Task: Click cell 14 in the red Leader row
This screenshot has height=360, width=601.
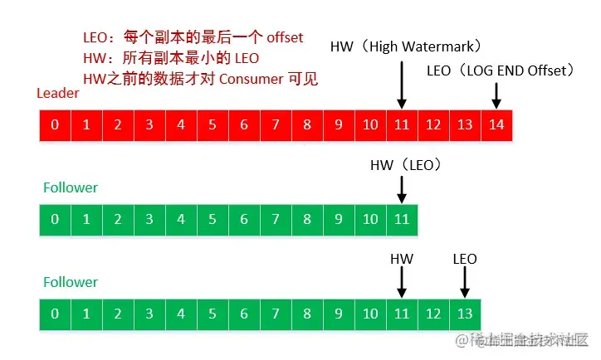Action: (496, 125)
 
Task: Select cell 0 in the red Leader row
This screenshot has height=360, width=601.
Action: (55, 125)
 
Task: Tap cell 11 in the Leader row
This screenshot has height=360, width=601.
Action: (402, 125)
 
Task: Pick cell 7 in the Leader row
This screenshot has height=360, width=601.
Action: (276, 125)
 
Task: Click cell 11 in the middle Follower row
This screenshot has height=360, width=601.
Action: (402, 220)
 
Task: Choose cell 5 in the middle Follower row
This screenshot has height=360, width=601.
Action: (213, 220)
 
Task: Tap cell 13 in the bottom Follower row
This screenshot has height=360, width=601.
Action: (465, 314)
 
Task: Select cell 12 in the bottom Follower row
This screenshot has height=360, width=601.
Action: (433, 314)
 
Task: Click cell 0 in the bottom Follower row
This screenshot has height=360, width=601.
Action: (55, 314)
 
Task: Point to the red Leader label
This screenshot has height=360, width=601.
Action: (58, 93)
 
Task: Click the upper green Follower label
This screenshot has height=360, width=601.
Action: (70, 187)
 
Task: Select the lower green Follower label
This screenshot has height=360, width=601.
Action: (70, 282)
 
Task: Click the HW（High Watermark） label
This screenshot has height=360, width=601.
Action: (406, 46)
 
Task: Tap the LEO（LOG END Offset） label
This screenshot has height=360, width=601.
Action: (501, 71)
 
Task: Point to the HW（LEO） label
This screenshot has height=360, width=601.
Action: (405, 166)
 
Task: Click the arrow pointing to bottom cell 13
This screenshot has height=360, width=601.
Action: (465, 283)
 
